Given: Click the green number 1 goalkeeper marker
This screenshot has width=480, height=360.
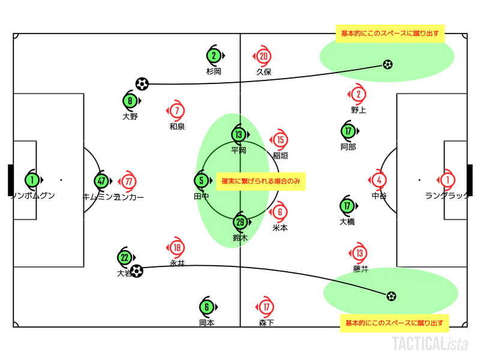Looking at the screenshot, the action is pyautogui.click(x=32, y=179).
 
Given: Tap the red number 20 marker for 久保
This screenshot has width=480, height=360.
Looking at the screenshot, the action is pyautogui.click(x=263, y=56).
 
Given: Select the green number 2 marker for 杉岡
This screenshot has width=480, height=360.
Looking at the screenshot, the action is pyautogui.click(x=214, y=56).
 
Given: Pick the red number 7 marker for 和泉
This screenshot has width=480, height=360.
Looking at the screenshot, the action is pyautogui.click(x=176, y=111).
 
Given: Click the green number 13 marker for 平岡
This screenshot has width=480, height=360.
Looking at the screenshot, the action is pyautogui.click(x=238, y=134).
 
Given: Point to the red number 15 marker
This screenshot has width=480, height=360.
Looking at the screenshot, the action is pyautogui.click(x=280, y=140).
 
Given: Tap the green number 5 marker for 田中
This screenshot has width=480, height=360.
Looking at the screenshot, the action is pyautogui.click(x=202, y=179).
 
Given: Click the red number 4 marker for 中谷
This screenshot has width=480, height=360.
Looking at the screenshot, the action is pyautogui.click(x=379, y=179).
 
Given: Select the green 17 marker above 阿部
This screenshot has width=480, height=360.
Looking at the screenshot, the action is pyautogui.click(x=347, y=131).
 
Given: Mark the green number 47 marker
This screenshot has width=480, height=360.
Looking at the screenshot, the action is pyautogui.click(x=102, y=180).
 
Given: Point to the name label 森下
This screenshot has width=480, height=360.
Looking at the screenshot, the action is pyautogui.click(x=266, y=323).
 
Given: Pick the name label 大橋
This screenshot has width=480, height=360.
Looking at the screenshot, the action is pyautogui.click(x=347, y=221).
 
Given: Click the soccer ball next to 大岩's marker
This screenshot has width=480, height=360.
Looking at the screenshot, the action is pyautogui.click(x=137, y=271).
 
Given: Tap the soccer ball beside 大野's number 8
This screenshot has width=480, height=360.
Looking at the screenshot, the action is pyautogui.click(x=142, y=83).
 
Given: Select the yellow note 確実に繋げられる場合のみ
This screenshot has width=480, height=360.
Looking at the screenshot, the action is pyautogui.click(x=260, y=180).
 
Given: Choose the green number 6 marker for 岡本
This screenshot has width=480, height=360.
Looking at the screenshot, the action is pyautogui.click(x=206, y=307).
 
